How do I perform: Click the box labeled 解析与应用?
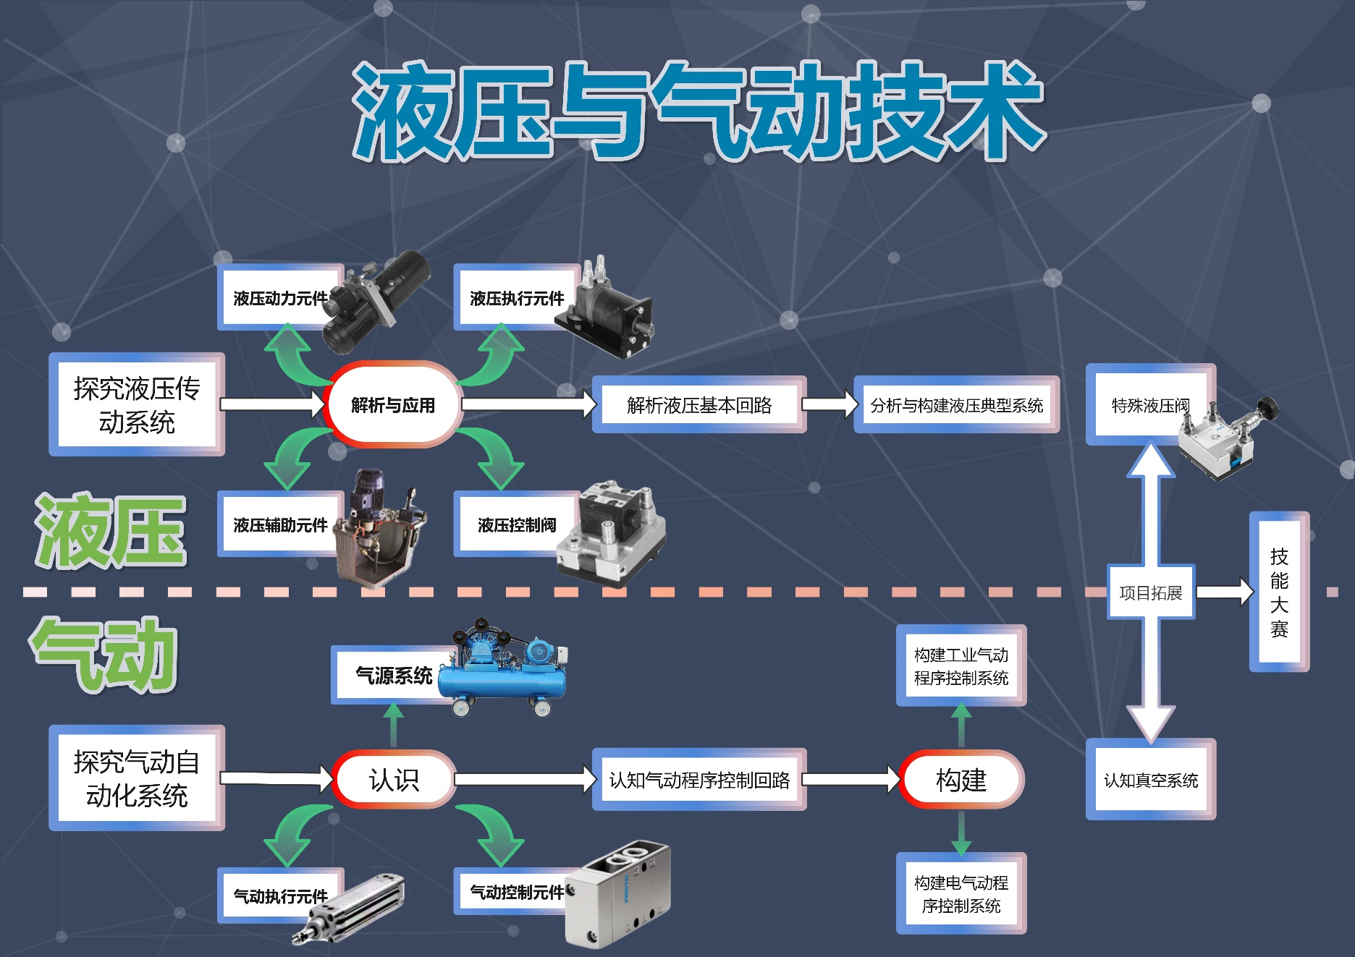click(x=392, y=404)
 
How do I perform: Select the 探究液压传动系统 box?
click(x=137, y=405)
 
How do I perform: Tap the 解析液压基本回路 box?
click(x=698, y=405)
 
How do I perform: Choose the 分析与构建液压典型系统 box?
click(x=956, y=405)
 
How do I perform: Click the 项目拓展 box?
click(x=1150, y=592)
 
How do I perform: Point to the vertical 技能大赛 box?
click(x=1279, y=592)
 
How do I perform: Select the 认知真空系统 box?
click(x=1150, y=780)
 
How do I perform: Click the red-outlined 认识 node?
click(x=394, y=779)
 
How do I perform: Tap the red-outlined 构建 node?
click(x=961, y=779)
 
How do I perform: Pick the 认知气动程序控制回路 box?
click(x=698, y=780)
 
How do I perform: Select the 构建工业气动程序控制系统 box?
click(x=961, y=665)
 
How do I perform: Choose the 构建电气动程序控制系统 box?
click(x=961, y=893)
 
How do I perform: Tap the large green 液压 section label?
click(x=110, y=532)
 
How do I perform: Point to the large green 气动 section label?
click(x=104, y=655)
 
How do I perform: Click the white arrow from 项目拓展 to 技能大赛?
click(x=1224, y=592)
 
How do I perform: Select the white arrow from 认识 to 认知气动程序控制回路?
click(x=524, y=779)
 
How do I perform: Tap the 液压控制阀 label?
click(x=516, y=525)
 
